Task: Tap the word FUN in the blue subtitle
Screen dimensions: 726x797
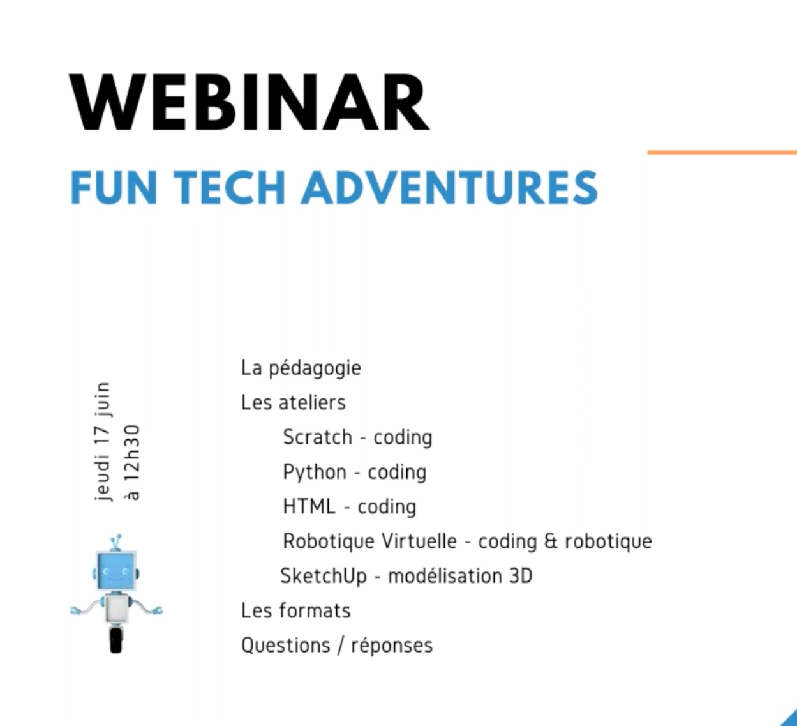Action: click(x=114, y=188)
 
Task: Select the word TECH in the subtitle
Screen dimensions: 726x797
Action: click(x=229, y=188)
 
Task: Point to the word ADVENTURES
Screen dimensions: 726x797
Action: click(x=450, y=188)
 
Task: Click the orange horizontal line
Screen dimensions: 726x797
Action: click(x=721, y=152)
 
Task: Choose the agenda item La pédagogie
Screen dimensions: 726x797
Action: click(x=301, y=368)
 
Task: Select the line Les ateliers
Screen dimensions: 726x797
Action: click(x=293, y=403)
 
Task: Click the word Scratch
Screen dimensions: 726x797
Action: click(x=317, y=437)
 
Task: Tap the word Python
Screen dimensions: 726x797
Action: click(x=315, y=473)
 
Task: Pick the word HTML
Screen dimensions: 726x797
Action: click(x=309, y=506)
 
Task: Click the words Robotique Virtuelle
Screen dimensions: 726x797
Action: click(x=369, y=541)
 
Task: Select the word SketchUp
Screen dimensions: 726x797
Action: click(x=324, y=576)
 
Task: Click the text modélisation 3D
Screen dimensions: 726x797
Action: click(x=459, y=576)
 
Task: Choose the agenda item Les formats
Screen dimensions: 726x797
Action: click(x=295, y=610)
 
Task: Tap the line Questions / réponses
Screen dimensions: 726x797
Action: click(x=336, y=646)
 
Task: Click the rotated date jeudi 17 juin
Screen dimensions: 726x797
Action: click(x=102, y=441)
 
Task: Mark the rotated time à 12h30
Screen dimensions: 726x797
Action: click(x=132, y=462)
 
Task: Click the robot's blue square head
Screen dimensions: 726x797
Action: click(x=115, y=572)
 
